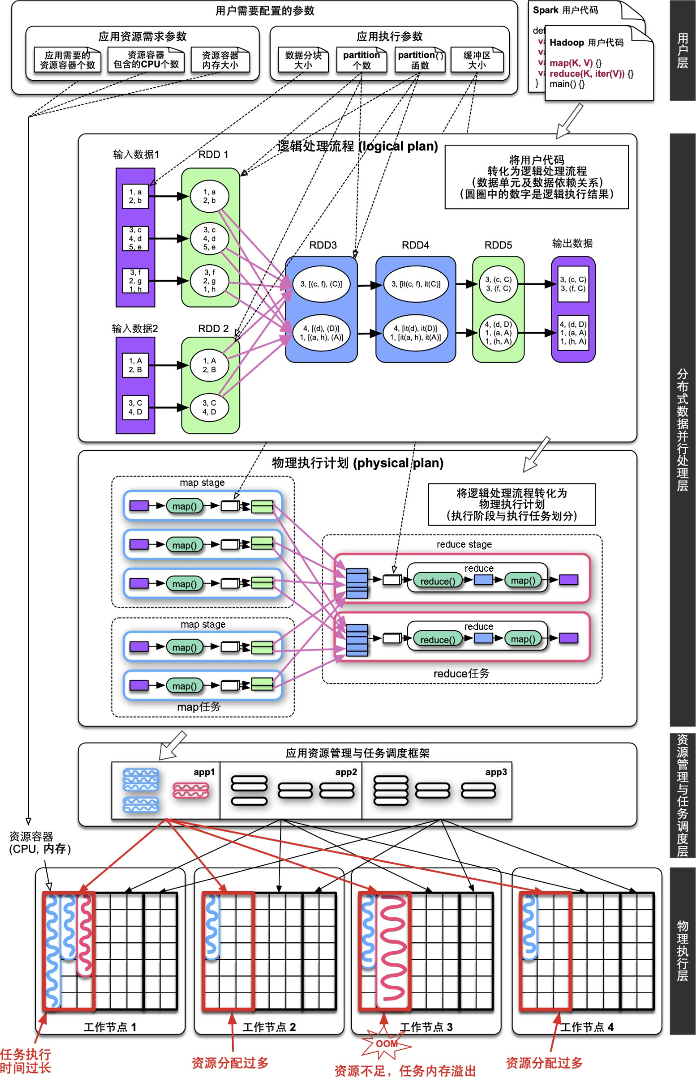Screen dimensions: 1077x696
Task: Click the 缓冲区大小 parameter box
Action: coord(477,60)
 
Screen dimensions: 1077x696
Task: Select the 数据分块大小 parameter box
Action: coord(303,60)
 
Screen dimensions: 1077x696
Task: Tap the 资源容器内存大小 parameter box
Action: coord(220,60)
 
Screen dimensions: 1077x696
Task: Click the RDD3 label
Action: coord(323,245)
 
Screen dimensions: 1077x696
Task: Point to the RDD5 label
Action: coord(498,245)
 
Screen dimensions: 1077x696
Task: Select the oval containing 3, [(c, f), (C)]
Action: coord(321,284)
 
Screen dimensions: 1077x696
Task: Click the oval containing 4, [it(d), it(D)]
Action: coord(415,333)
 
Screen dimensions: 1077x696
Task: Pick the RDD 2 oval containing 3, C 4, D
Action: coord(209,408)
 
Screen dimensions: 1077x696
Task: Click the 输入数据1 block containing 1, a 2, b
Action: coord(135,196)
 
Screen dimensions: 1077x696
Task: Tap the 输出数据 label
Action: coord(572,243)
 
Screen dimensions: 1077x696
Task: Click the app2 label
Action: coord(346,772)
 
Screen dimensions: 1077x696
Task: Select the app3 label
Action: coord(496,772)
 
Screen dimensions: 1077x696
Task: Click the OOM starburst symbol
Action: coord(386,1044)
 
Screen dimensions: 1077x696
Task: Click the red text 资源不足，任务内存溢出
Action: coord(405,1071)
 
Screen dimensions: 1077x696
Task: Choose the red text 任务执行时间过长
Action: coord(25,1061)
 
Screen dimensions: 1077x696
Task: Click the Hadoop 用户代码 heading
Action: coord(586,43)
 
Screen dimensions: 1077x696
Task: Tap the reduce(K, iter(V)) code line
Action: coord(591,73)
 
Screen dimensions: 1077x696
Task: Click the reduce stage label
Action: coord(464,544)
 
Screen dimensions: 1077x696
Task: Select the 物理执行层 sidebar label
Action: coord(683,951)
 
